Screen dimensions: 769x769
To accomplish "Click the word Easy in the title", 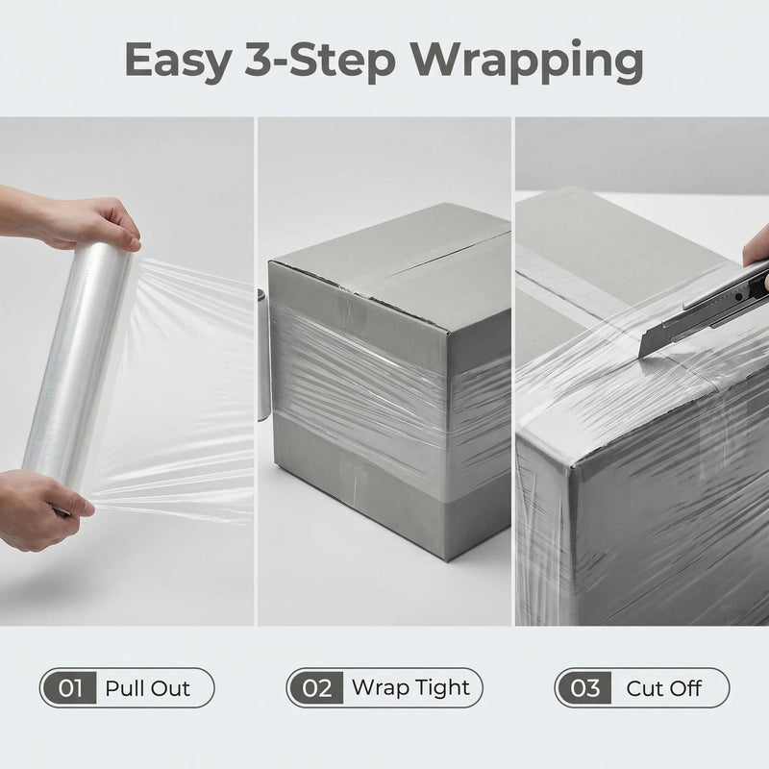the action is pos(179,61).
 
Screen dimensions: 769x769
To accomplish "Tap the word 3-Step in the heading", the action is pos(321,61).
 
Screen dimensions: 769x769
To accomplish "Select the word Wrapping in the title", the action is pos(527,62).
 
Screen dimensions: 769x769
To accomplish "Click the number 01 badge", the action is pos(69,687).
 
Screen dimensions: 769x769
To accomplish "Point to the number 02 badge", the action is pos(317,687).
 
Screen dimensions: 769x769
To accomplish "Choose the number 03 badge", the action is pos(584,687).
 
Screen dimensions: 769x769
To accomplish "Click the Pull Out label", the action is pos(148,688).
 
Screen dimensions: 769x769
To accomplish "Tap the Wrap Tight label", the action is pos(411,688).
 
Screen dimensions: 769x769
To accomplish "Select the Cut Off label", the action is pos(663,688).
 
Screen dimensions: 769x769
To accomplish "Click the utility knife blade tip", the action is pos(641,358).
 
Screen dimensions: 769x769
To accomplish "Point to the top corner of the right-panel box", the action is pos(572,465).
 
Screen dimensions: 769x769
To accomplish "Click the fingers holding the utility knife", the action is pos(756,254).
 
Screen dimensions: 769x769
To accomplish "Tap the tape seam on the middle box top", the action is pos(432,254).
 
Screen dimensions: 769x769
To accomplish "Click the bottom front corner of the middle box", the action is pos(445,559).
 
